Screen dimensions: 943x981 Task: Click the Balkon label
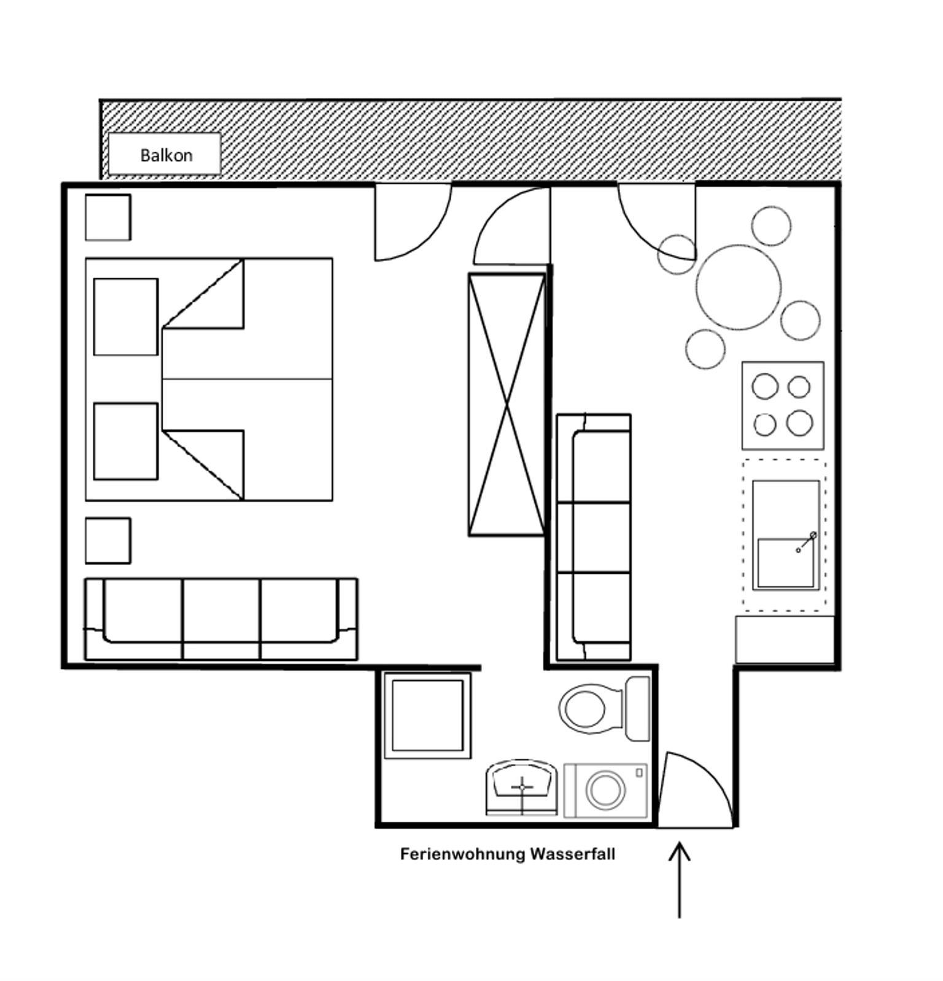(x=166, y=155)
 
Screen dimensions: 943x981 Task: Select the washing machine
(x=605, y=790)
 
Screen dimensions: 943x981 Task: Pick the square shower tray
(x=427, y=715)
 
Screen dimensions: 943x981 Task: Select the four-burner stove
(x=783, y=405)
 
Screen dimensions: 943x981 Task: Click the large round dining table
(x=739, y=287)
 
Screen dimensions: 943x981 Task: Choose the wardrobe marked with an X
(x=507, y=404)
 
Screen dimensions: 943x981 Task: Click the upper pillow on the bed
(x=126, y=317)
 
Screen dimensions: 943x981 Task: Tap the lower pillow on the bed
(x=126, y=441)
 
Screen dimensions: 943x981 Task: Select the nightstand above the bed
(x=108, y=217)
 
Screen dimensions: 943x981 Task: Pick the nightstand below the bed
(x=108, y=541)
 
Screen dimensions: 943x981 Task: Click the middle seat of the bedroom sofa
(x=221, y=619)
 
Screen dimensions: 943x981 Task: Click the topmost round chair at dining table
(x=771, y=226)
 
